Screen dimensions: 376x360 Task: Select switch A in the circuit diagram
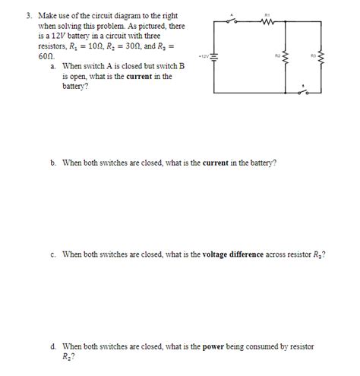(241, 21)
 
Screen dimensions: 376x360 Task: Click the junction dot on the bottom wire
(285, 93)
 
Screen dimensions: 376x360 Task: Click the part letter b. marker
(54, 162)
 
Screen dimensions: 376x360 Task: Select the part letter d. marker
(54, 346)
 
